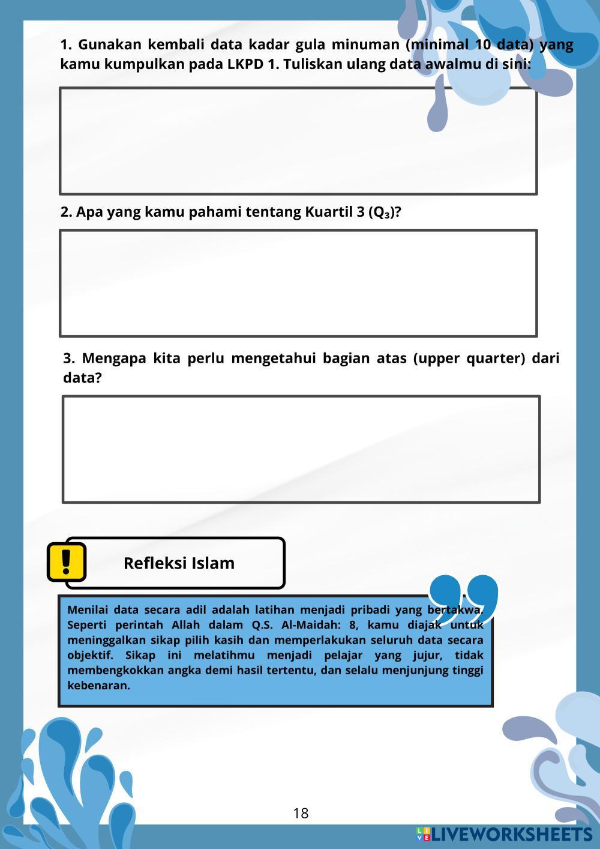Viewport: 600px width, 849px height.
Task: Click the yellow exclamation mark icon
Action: point(67,561)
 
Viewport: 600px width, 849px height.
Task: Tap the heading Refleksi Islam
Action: point(179,563)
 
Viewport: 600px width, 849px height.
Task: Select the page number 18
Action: point(301,814)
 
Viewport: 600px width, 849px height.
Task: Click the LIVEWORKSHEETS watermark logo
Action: point(504,834)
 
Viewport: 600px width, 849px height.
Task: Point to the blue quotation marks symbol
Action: point(463,597)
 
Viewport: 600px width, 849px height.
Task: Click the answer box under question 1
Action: point(298,141)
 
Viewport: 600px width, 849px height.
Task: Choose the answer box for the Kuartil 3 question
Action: point(298,283)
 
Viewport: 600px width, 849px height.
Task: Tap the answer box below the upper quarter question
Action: point(301,449)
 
